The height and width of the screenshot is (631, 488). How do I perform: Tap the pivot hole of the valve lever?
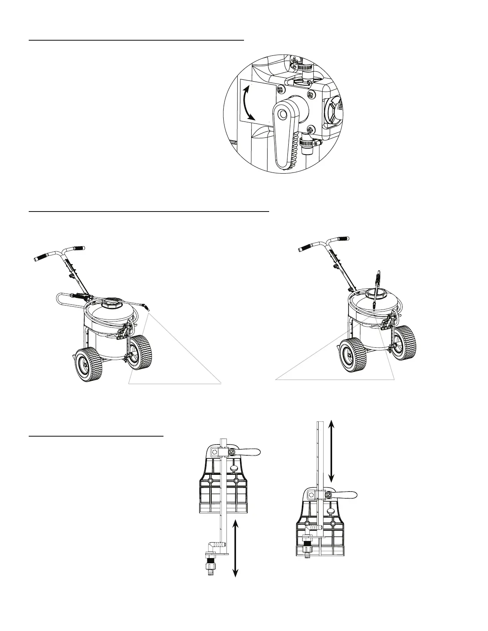click(283, 114)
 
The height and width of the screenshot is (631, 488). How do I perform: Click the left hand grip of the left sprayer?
click(40, 258)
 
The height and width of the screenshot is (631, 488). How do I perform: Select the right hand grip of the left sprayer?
click(78, 248)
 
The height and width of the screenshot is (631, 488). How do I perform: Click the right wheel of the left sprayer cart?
click(141, 352)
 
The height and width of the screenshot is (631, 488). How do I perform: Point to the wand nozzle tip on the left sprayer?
click(148, 308)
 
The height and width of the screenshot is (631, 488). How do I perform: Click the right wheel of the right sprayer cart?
click(405, 343)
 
